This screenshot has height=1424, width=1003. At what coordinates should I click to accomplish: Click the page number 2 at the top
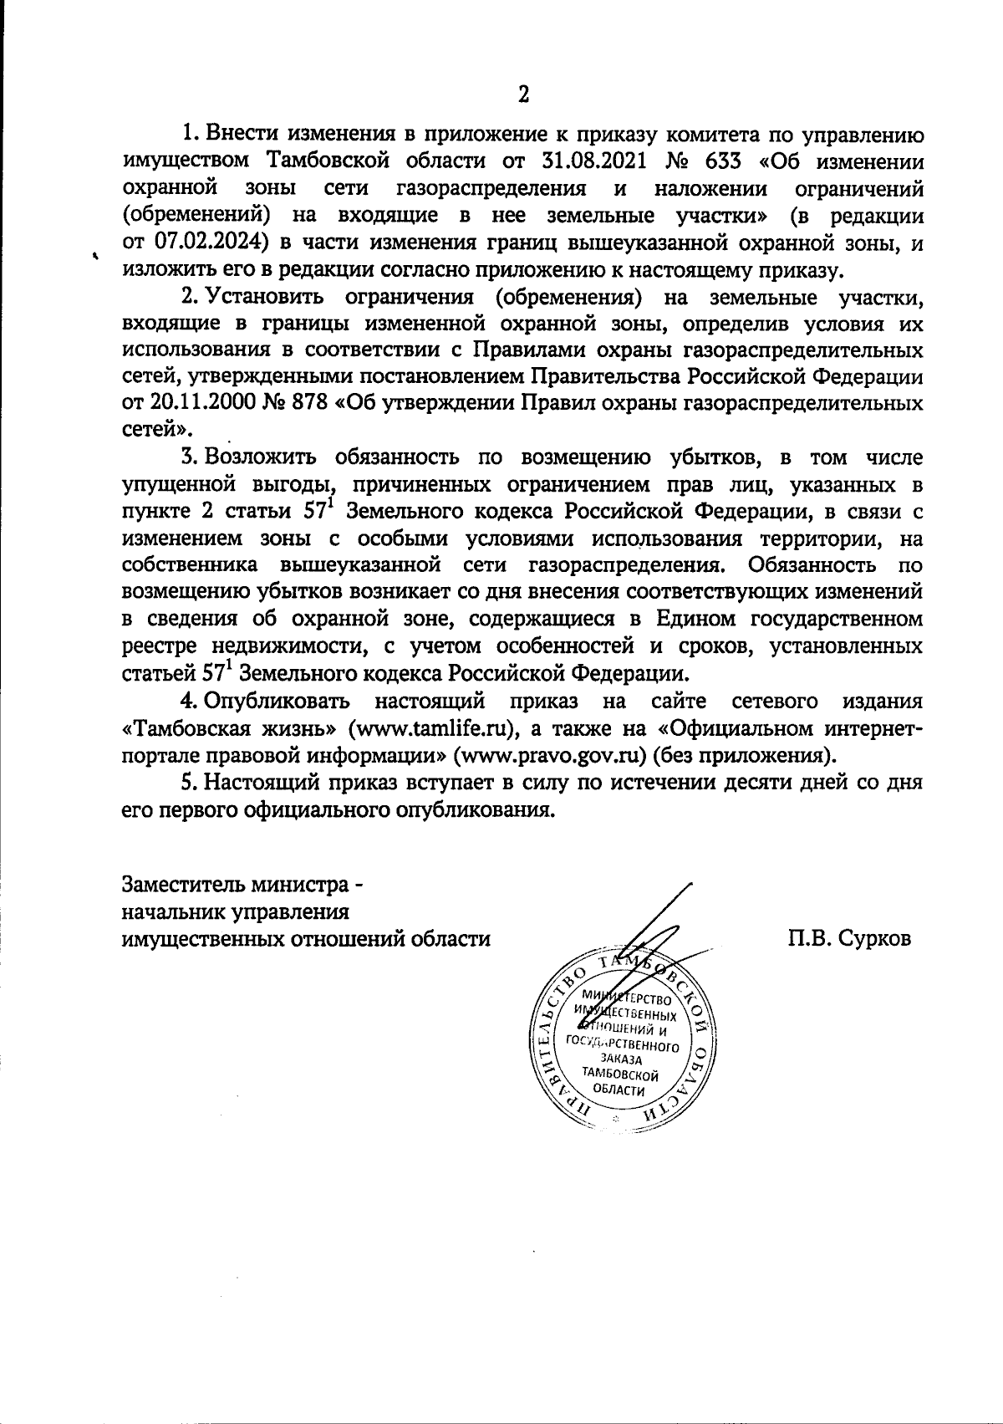[523, 94]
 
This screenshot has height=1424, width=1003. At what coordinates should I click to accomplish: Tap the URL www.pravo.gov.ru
[547, 755]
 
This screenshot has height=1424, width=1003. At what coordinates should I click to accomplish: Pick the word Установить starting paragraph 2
[267, 297]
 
